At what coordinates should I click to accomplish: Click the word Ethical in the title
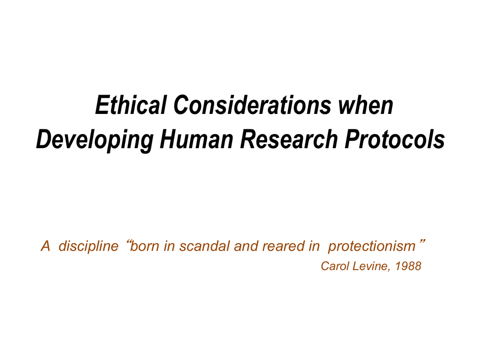(131, 105)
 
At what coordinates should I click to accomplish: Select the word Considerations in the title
(252, 105)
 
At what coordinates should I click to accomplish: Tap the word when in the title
(366, 105)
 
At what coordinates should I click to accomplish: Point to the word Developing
(95, 140)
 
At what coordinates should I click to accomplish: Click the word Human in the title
(196, 139)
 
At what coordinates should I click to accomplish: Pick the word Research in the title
(289, 139)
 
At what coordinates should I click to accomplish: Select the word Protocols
(395, 139)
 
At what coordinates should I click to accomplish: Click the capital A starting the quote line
(45, 246)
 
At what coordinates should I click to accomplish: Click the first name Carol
(335, 266)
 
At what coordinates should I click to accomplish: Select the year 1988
(408, 266)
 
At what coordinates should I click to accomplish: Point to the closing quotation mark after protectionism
(422, 242)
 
